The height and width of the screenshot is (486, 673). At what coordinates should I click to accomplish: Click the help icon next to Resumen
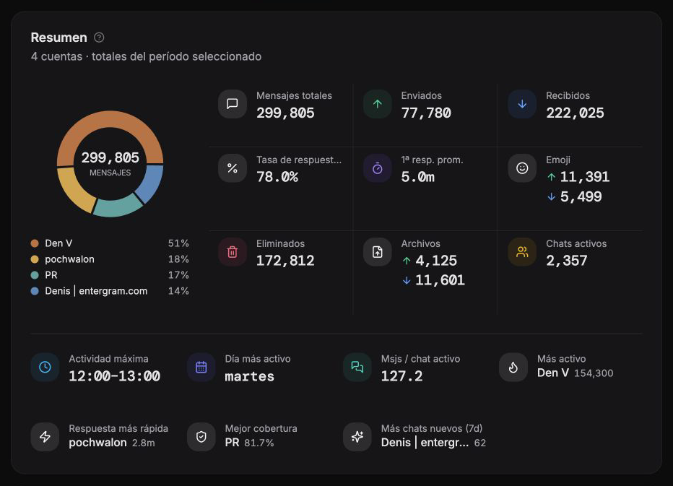[99, 38]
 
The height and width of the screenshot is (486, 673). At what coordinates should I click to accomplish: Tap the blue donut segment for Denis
[151, 183]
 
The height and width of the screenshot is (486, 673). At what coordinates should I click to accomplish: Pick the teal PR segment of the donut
[117, 207]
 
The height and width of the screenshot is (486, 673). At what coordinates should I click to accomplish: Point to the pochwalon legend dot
[35, 259]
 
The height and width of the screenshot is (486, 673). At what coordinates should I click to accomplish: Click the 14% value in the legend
[178, 291]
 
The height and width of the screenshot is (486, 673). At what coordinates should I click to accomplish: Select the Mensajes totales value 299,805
[285, 113]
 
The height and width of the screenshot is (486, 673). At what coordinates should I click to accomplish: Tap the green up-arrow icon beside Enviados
[377, 104]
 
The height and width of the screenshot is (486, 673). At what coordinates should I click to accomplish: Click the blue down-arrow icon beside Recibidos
[522, 104]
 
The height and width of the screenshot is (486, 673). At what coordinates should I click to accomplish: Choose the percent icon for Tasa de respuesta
[233, 168]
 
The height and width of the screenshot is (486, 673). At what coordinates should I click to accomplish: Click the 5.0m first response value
[417, 177]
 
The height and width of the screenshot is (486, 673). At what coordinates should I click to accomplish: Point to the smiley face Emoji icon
[522, 168]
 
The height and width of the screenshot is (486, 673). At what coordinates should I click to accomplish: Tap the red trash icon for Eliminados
[233, 252]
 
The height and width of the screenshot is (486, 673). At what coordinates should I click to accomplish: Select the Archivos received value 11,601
[440, 280]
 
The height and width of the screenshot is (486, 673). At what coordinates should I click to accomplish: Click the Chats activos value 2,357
[567, 261]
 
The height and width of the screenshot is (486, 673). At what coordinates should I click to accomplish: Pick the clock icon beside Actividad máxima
[45, 367]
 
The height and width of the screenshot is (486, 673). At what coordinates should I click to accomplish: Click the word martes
[249, 376]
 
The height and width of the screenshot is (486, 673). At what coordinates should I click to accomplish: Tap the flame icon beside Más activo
[513, 367]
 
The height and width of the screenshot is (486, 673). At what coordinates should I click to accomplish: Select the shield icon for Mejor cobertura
[201, 437]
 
